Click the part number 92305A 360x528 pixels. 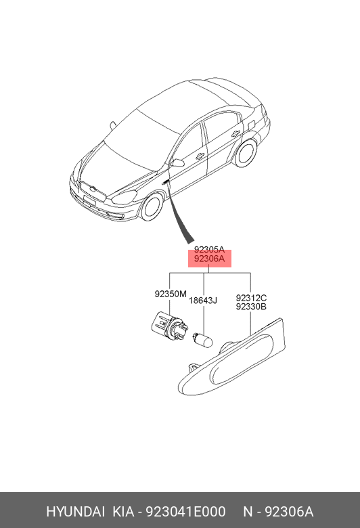(x=209, y=250)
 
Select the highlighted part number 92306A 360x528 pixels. (x=209, y=259)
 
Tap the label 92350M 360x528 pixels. (x=171, y=294)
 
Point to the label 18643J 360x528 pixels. (x=203, y=300)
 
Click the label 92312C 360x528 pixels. (x=251, y=298)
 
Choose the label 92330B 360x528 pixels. (x=251, y=307)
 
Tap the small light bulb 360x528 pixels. (x=202, y=340)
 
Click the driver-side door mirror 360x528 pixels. (x=177, y=163)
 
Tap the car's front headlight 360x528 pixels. (x=125, y=197)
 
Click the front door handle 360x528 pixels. (x=200, y=156)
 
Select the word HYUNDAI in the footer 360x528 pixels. (x=75, y=512)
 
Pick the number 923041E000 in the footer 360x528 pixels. (x=185, y=512)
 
